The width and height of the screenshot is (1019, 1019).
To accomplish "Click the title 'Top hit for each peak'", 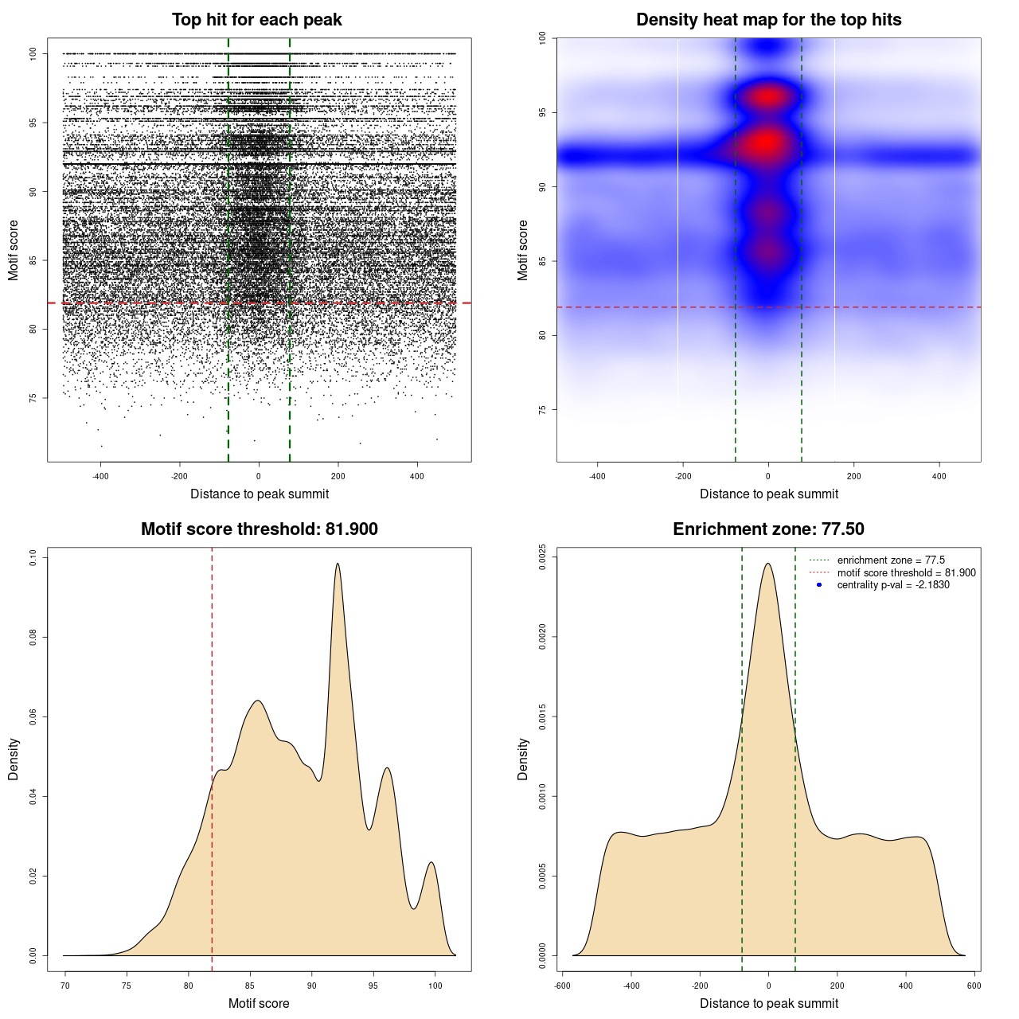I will click(257, 20).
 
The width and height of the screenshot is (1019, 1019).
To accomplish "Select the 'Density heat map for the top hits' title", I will click(768, 20).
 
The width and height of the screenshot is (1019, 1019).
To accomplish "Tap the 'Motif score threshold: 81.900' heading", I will click(259, 529).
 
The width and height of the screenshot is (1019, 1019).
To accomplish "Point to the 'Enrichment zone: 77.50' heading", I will click(768, 529).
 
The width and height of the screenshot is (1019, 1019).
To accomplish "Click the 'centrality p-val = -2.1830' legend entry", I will click(893, 585).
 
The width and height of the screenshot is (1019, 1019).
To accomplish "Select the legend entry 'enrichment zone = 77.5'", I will click(891, 560).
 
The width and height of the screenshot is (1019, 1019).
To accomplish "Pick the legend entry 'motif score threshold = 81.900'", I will click(906, 573).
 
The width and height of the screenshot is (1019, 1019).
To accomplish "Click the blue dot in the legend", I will click(819, 585).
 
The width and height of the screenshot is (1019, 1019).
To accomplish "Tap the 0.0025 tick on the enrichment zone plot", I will click(542, 557).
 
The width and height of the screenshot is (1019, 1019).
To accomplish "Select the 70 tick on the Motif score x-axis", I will click(65, 986).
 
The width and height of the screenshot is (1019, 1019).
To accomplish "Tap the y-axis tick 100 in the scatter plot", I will click(33, 54).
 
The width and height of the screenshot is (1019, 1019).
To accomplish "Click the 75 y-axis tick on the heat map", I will click(542, 410).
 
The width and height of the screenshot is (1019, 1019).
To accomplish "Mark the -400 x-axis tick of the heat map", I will click(597, 476).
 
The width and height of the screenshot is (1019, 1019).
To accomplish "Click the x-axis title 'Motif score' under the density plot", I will click(259, 1003).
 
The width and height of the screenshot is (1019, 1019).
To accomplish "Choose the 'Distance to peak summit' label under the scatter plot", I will click(260, 494).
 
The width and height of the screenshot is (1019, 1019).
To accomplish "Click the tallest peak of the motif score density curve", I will click(338, 564).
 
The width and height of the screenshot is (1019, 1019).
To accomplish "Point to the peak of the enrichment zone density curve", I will click(768, 564).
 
